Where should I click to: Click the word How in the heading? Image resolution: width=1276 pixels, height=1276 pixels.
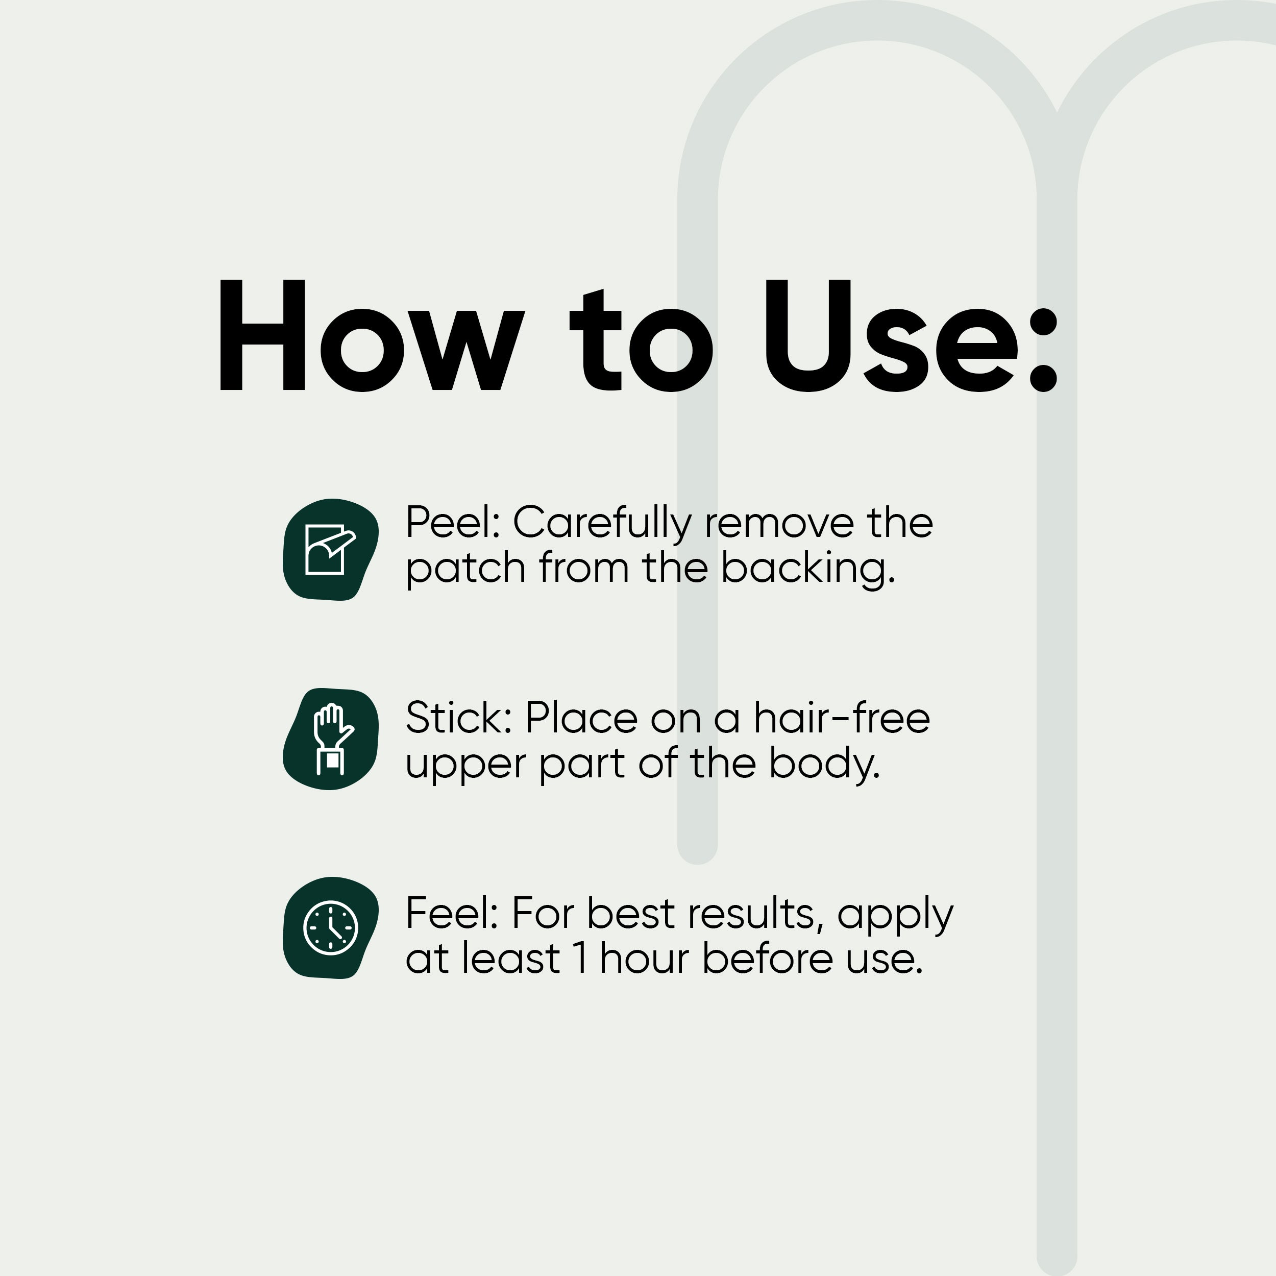coord(372,335)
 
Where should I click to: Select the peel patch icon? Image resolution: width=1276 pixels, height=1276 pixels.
coord(330,550)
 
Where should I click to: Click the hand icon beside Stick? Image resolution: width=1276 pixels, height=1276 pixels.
coord(330,739)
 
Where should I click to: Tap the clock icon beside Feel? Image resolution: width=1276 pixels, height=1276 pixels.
coord(330,928)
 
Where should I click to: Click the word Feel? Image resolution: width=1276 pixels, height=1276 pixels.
coord(452,914)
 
